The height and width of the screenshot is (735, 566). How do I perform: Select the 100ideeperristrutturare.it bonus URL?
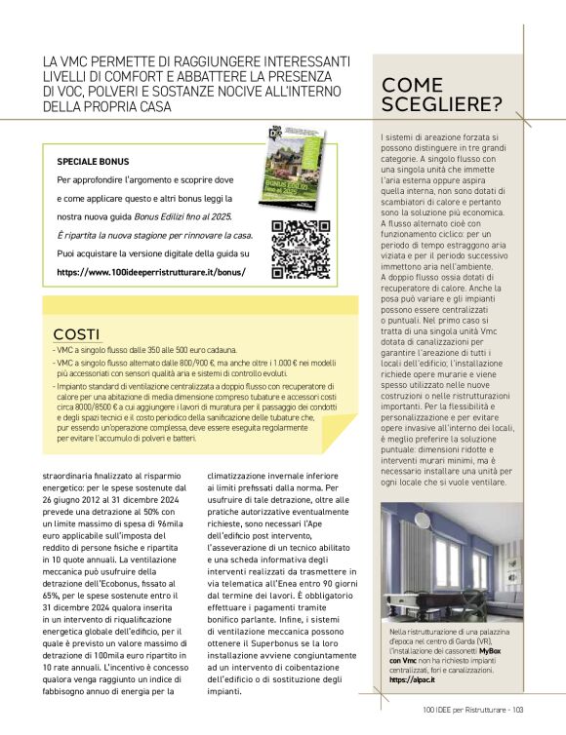[151, 272]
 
